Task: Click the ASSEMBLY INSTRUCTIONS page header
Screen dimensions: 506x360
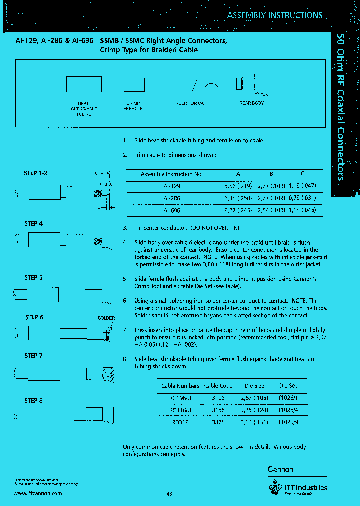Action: (x=275, y=15)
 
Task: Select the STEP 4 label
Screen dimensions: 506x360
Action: (x=33, y=224)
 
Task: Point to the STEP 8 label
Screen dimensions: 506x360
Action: (x=33, y=400)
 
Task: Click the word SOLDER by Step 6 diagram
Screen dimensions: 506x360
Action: (x=106, y=318)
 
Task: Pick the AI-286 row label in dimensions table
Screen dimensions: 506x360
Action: (x=172, y=198)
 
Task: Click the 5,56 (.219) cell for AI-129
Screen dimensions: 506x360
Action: (x=238, y=186)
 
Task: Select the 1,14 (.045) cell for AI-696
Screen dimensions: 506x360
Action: (x=302, y=211)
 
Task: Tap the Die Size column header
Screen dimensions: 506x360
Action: (x=255, y=386)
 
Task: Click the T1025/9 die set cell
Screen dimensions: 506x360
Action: (x=288, y=421)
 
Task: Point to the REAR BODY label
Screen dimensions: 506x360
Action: (x=252, y=103)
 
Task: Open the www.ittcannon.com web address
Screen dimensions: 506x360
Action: (x=38, y=493)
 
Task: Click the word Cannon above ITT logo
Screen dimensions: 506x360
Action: (x=281, y=470)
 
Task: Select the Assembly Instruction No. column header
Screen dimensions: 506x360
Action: (x=171, y=174)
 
